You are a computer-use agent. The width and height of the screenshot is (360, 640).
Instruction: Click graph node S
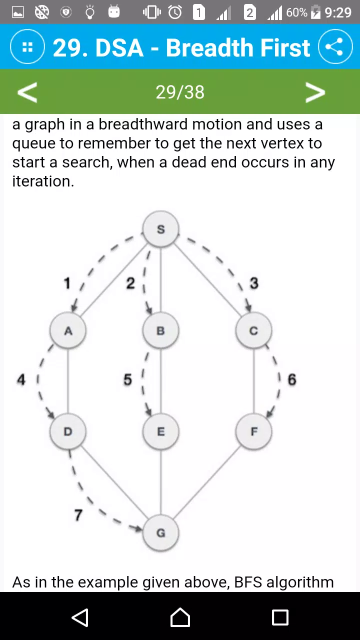pyautogui.click(x=161, y=229)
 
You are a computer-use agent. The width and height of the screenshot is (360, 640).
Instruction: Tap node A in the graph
pyautogui.click(x=68, y=330)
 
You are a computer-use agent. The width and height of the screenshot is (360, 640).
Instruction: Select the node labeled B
pyautogui.click(x=161, y=330)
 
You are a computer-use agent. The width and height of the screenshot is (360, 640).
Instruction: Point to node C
pyautogui.click(x=253, y=330)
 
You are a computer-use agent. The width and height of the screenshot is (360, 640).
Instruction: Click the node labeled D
pyautogui.click(x=68, y=431)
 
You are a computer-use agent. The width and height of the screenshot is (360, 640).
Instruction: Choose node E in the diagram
pyautogui.click(x=161, y=431)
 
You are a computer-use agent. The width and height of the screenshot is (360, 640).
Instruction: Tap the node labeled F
pyautogui.click(x=253, y=431)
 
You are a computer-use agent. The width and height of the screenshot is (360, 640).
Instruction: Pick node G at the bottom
pyautogui.click(x=161, y=533)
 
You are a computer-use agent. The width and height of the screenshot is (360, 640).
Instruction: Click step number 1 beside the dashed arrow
pyautogui.click(x=67, y=283)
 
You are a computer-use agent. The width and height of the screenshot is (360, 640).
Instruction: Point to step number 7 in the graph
pyautogui.click(x=78, y=515)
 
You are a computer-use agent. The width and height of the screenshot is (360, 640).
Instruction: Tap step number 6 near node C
pyautogui.click(x=291, y=379)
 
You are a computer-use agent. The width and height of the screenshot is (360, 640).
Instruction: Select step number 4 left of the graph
pyautogui.click(x=21, y=379)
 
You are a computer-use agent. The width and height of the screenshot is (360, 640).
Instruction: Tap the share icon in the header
pyautogui.click(x=335, y=46)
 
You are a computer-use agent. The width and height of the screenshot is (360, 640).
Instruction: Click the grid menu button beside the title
pyautogui.click(x=27, y=46)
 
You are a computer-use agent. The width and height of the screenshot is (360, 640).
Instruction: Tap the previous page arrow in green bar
pyautogui.click(x=27, y=92)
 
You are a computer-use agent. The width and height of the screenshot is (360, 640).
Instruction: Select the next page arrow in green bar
pyautogui.click(x=315, y=92)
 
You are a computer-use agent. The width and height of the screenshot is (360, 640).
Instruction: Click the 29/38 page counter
pyautogui.click(x=180, y=92)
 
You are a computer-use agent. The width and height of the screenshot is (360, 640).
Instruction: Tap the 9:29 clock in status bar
pyautogui.click(x=338, y=12)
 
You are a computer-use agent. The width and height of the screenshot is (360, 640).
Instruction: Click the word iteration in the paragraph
pyautogui.click(x=43, y=181)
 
